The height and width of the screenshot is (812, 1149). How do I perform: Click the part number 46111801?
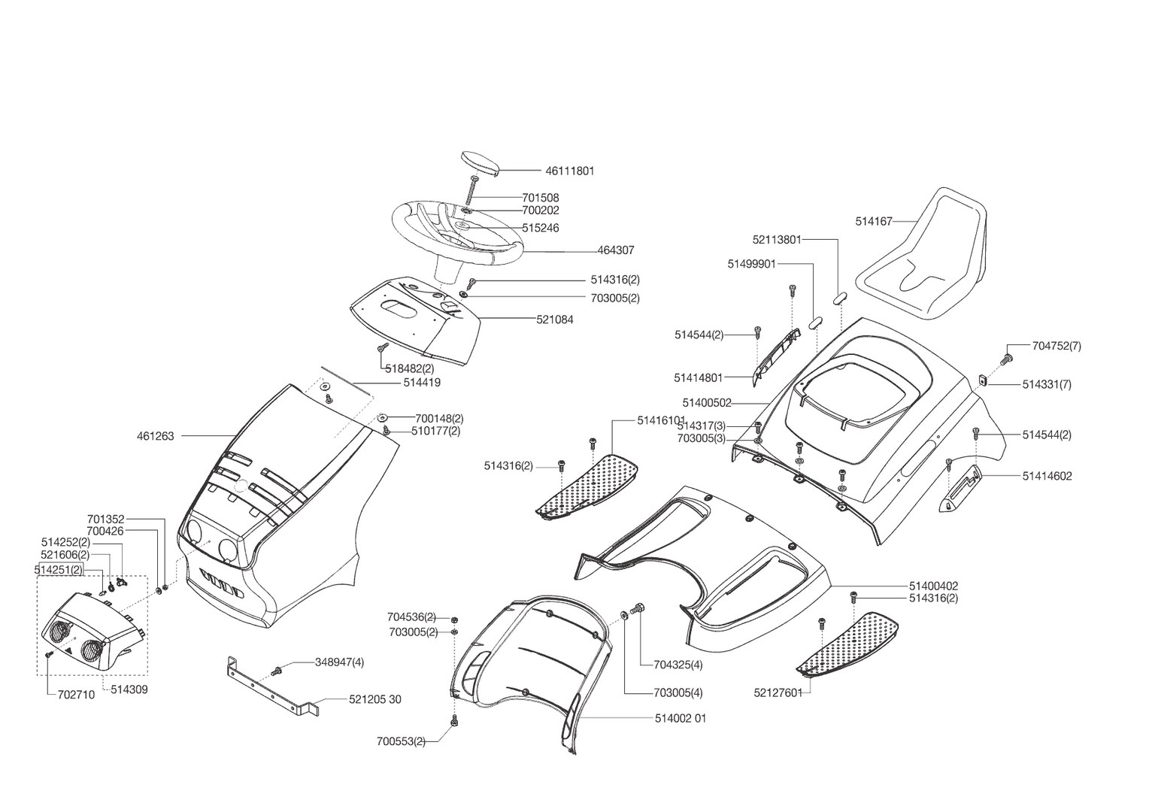(569, 171)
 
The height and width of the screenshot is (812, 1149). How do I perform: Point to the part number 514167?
(873, 222)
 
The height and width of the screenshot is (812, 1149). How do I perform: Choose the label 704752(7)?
(1056, 346)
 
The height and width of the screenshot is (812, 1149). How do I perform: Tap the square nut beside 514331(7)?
(983, 380)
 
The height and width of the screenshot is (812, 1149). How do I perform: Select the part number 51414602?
(1047, 476)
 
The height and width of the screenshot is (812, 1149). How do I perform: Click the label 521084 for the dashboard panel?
(554, 320)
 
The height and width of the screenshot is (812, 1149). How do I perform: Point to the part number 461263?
(155, 436)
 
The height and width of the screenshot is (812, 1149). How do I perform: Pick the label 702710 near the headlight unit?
(76, 695)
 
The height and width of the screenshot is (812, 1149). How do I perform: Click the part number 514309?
(129, 689)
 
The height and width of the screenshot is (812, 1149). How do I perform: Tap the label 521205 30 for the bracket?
(374, 700)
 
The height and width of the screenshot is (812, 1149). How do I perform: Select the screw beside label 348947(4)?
(278, 669)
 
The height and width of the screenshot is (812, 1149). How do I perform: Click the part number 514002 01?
(680, 719)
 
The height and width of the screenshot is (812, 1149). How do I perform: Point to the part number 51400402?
(933, 586)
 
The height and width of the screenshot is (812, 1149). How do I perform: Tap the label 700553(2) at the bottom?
(401, 741)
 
